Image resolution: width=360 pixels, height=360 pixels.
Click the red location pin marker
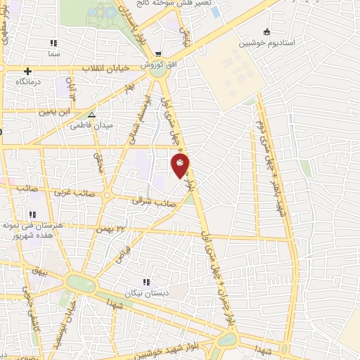point(180,165)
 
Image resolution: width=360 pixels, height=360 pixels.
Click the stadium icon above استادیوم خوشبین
point(266,32)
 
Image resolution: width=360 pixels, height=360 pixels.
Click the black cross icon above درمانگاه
point(27,71)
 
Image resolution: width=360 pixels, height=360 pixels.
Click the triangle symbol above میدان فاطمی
point(91,115)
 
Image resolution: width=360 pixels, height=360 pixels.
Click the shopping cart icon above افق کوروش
point(158,53)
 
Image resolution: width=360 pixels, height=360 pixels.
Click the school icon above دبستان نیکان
point(146,282)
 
